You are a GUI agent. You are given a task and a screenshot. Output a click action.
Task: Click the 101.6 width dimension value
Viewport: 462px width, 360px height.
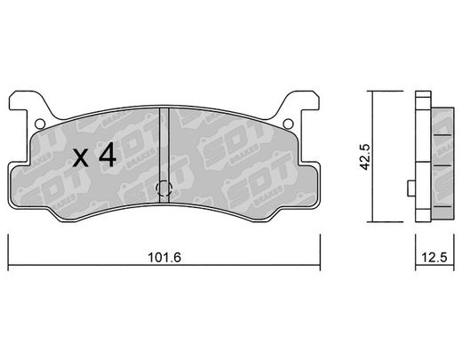click(164, 257)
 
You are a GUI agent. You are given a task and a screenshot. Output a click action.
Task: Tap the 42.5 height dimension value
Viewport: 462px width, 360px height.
click(365, 156)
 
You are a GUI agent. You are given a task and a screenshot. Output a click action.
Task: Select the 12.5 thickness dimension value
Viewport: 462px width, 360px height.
click(434, 257)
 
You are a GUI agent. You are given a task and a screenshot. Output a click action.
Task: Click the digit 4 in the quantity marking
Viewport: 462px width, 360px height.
click(108, 155)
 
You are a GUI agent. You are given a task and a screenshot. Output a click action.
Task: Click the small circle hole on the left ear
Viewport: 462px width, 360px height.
click(40, 124)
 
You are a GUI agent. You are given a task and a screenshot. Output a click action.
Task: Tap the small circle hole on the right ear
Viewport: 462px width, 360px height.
click(288, 124)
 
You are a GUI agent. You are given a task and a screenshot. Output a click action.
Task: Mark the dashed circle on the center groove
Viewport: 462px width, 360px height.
click(164, 188)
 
